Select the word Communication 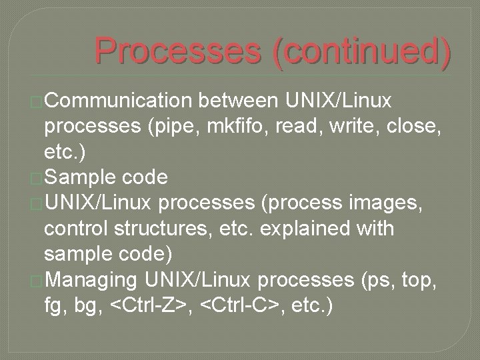118,101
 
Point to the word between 239,101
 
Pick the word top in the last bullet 417,279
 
